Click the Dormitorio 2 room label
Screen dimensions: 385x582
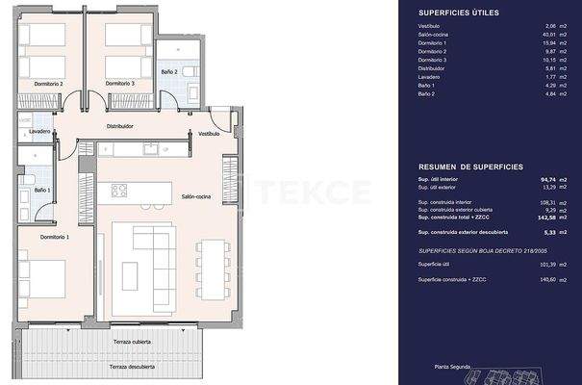click(x=47, y=84)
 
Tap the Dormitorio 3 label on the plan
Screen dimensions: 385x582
click(x=120, y=84)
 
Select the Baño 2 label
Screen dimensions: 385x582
click(x=169, y=99)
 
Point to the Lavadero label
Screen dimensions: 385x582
click(x=39, y=131)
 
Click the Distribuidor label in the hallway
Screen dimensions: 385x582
click(x=119, y=125)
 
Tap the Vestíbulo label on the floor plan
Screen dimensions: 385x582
click(x=210, y=134)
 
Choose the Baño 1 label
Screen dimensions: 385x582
click(x=42, y=190)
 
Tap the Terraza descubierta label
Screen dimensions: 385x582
click(x=131, y=367)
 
